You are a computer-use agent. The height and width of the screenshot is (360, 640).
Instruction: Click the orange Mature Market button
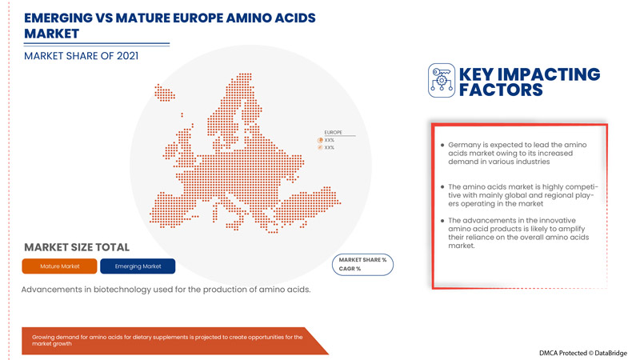[59, 266]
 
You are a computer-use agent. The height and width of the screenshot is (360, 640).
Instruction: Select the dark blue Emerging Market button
[138, 266]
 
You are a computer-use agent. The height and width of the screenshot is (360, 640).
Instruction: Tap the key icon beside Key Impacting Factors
[441, 81]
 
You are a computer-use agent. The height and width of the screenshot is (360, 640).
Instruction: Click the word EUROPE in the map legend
[333, 132]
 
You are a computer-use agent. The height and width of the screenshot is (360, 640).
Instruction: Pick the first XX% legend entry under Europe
[329, 140]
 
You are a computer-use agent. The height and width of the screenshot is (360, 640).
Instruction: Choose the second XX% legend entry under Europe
[329, 148]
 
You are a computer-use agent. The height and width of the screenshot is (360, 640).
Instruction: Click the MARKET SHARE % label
[362, 260]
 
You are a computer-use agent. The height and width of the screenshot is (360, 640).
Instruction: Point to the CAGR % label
[350, 269]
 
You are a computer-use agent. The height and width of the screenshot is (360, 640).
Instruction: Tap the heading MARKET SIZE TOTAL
[77, 247]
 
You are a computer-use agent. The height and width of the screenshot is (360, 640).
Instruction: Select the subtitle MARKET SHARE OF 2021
[81, 56]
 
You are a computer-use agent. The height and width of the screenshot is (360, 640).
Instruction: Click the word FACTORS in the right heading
[501, 90]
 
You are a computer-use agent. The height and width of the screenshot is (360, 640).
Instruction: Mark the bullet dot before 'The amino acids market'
[442, 186]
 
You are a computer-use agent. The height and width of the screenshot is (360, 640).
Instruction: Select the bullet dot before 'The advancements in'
[442, 221]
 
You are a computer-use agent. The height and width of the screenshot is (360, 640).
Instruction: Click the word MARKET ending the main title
[52, 34]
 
